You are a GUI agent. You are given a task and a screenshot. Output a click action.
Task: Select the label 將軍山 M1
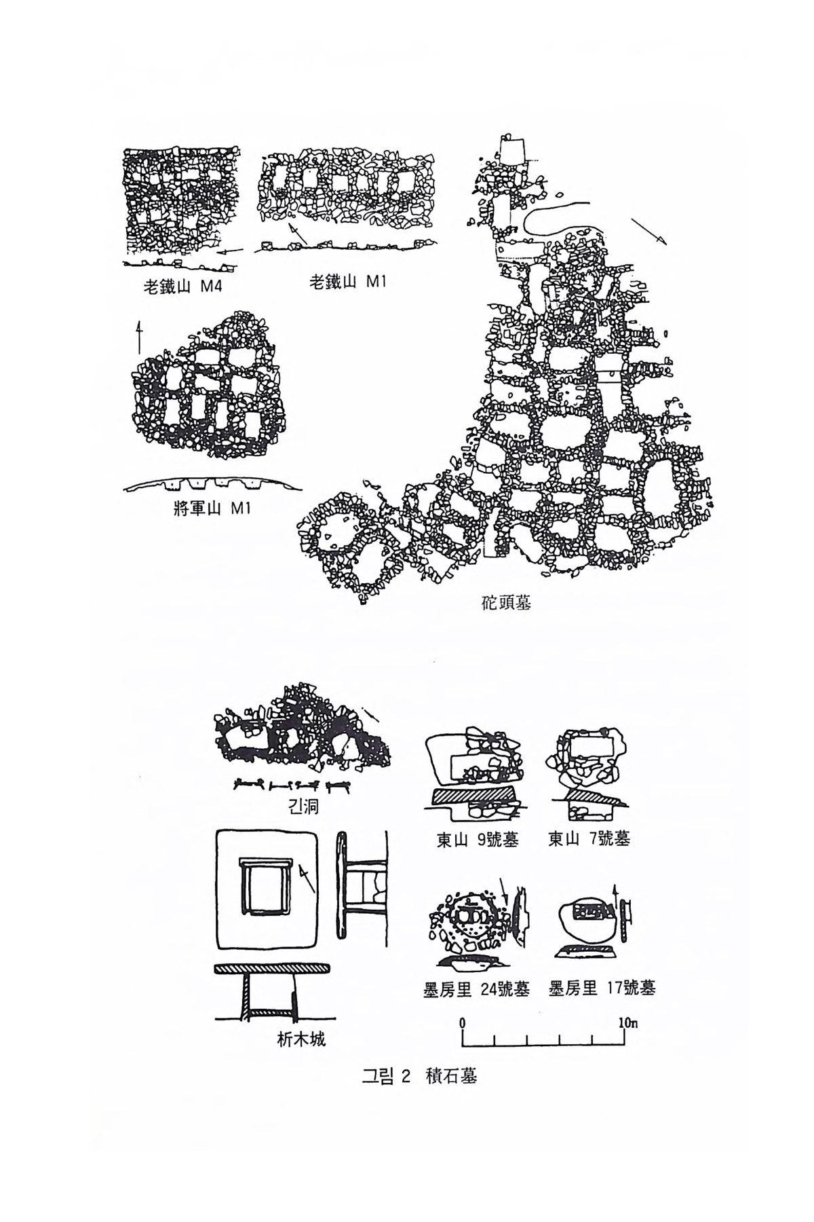pyautogui.click(x=212, y=507)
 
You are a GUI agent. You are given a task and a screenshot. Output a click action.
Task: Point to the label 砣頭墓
pyautogui.click(x=505, y=603)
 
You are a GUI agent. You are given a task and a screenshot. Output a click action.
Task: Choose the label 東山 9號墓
pyautogui.click(x=477, y=840)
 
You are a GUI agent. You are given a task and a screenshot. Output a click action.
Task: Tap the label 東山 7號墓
pyautogui.click(x=589, y=839)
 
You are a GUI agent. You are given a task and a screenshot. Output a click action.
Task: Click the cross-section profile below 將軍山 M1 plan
pyautogui.click(x=212, y=484)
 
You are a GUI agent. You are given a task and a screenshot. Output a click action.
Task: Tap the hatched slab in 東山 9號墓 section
pyautogui.click(x=473, y=794)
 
